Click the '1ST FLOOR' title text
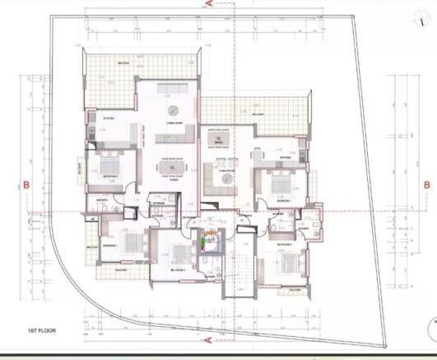(40, 330)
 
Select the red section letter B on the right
(426, 185)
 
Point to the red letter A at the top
(210, 4)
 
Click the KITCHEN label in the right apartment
(286, 156)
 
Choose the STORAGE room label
(158, 203)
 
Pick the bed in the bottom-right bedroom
(287, 265)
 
